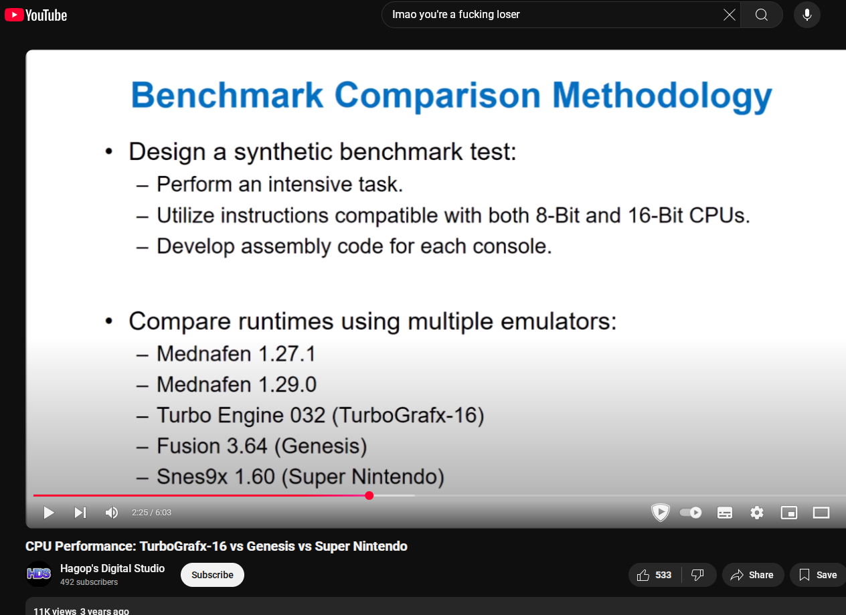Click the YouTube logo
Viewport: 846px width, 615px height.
36,15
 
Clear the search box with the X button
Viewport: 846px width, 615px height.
730,15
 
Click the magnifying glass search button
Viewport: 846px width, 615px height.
762,15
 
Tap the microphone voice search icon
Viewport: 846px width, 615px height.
807,15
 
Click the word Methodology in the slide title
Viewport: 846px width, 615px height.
662,96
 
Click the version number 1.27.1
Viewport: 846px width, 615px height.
287,354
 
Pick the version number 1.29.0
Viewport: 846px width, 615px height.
287,385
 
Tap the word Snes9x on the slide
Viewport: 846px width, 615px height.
192,476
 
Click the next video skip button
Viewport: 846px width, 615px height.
80,513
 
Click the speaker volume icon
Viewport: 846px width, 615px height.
111,513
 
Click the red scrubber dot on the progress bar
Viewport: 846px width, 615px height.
369,496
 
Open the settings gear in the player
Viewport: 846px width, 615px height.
757,513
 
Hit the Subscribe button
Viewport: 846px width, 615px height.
212,575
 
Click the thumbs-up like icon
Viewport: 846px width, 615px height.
643,575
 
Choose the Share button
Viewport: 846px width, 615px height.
753,575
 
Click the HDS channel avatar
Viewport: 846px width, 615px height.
39,574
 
